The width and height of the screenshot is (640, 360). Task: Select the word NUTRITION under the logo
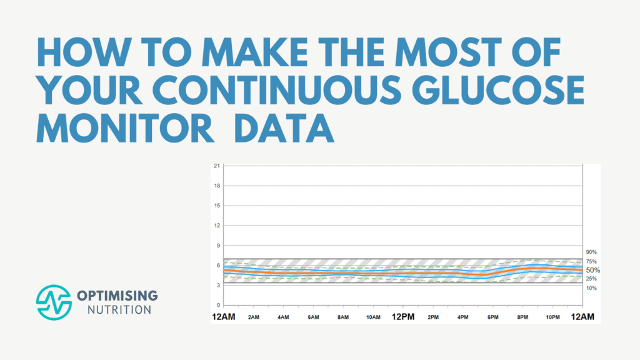point(111,309)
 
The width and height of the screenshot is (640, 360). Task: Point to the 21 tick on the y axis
point(216,166)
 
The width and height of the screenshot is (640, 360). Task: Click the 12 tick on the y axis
point(216,226)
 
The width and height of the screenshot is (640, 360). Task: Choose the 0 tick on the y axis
point(217,305)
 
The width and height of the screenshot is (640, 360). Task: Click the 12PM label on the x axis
point(403,317)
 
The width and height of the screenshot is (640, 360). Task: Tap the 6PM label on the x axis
point(493,317)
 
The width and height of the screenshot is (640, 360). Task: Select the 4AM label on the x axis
point(283,317)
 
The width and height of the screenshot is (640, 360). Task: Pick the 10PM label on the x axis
point(553,317)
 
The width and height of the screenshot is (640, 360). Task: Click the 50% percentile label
point(592,270)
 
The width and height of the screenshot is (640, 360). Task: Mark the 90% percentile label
point(591,252)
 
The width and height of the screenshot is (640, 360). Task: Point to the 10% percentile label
point(591,288)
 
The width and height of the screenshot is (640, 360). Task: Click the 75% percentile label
point(591,261)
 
